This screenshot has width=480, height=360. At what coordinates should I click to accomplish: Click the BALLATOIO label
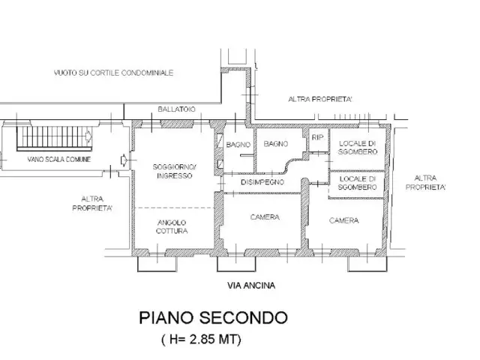tap(176, 109)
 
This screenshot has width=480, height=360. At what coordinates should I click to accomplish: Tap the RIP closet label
tap(317, 138)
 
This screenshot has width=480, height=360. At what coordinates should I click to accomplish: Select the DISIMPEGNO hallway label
tap(261, 182)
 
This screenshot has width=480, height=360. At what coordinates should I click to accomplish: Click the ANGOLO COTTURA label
tap(172, 227)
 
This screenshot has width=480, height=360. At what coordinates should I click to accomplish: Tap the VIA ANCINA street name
tap(252, 286)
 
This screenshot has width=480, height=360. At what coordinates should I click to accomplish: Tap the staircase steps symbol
tap(49, 138)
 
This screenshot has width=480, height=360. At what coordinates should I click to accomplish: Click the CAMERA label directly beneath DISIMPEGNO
tap(262, 217)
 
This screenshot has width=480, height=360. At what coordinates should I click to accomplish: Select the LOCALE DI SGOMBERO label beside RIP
tap(358, 147)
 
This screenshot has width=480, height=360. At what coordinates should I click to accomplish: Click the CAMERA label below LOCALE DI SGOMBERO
tap(343, 220)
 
